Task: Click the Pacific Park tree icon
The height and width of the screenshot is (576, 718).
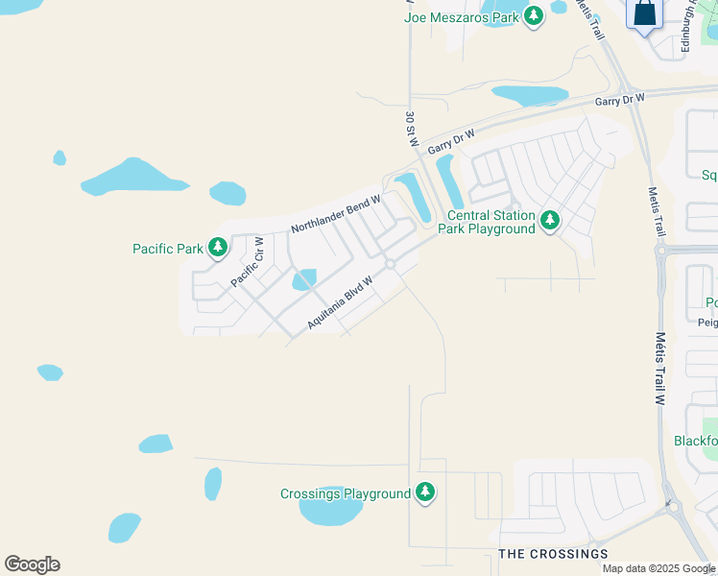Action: tap(218, 248)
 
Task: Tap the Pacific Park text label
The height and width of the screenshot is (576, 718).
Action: tap(168, 249)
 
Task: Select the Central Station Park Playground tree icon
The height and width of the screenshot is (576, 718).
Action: tap(549, 221)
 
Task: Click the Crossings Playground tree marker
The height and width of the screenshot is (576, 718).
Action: tap(425, 493)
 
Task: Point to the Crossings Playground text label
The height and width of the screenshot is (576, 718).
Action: tap(346, 494)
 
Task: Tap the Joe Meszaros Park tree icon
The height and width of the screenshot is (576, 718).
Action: tap(535, 17)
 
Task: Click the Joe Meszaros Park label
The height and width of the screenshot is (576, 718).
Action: tap(462, 17)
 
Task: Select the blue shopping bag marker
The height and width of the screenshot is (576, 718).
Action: tap(645, 14)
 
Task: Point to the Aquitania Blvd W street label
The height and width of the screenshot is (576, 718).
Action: tap(339, 300)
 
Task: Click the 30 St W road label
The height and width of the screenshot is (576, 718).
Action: tap(412, 129)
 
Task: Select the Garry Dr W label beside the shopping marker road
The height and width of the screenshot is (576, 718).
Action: tap(618, 99)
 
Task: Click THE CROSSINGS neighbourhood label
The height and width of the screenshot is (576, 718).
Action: tap(553, 554)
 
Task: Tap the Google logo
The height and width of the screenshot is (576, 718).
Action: tap(32, 564)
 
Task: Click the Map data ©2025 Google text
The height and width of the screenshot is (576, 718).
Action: tap(658, 568)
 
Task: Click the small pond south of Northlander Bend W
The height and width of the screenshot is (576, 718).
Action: tap(303, 279)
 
